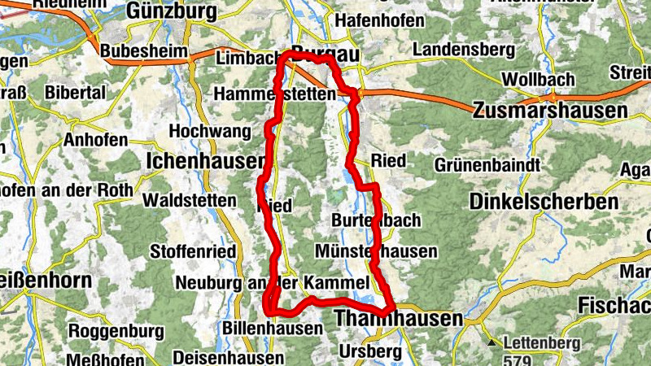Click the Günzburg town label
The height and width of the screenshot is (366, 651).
(172, 11)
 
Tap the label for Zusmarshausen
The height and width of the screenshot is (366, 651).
(550, 110)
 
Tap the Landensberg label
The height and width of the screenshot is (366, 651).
(463, 50)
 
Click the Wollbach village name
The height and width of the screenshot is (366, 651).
(539, 81)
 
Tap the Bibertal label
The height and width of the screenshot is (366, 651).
(76, 93)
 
